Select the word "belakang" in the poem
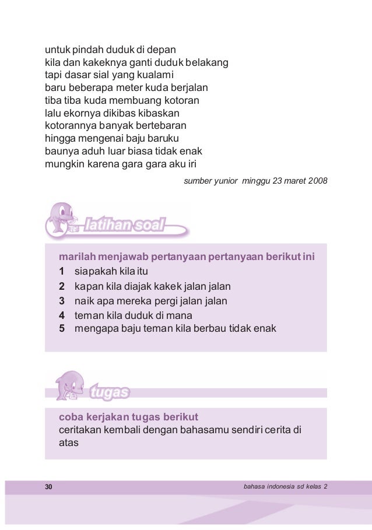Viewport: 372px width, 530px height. (206, 61)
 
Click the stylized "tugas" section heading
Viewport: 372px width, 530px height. (110, 393)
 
